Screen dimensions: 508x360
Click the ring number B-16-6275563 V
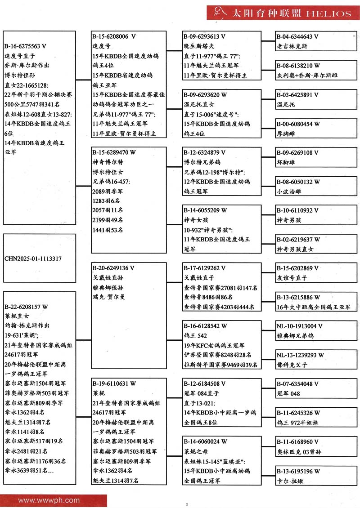[x=26, y=46]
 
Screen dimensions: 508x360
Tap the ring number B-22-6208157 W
[x=26, y=307]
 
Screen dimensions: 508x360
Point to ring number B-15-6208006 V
[x=114, y=36]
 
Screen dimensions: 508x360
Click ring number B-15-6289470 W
[x=114, y=152]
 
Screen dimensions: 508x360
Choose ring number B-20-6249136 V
[x=113, y=268]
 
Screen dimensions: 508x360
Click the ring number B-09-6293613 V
[x=204, y=36]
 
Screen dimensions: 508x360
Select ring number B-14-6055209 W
[x=205, y=210]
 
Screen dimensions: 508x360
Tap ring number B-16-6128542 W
[x=205, y=326]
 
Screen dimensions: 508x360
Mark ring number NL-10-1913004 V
[x=299, y=326]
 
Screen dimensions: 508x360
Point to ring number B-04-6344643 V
[x=297, y=36]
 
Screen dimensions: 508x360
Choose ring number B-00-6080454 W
[x=298, y=124]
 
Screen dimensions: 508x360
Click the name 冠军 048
[x=288, y=394]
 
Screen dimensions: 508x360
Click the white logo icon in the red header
[x=218, y=12]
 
